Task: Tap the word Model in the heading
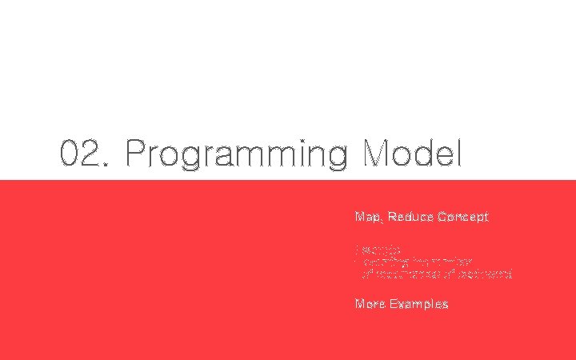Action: [412, 154]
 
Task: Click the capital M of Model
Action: [377, 154]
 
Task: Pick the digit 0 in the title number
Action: [71, 154]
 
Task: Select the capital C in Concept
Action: [442, 217]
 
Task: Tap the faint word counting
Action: [385, 261]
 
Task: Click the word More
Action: [370, 304]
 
